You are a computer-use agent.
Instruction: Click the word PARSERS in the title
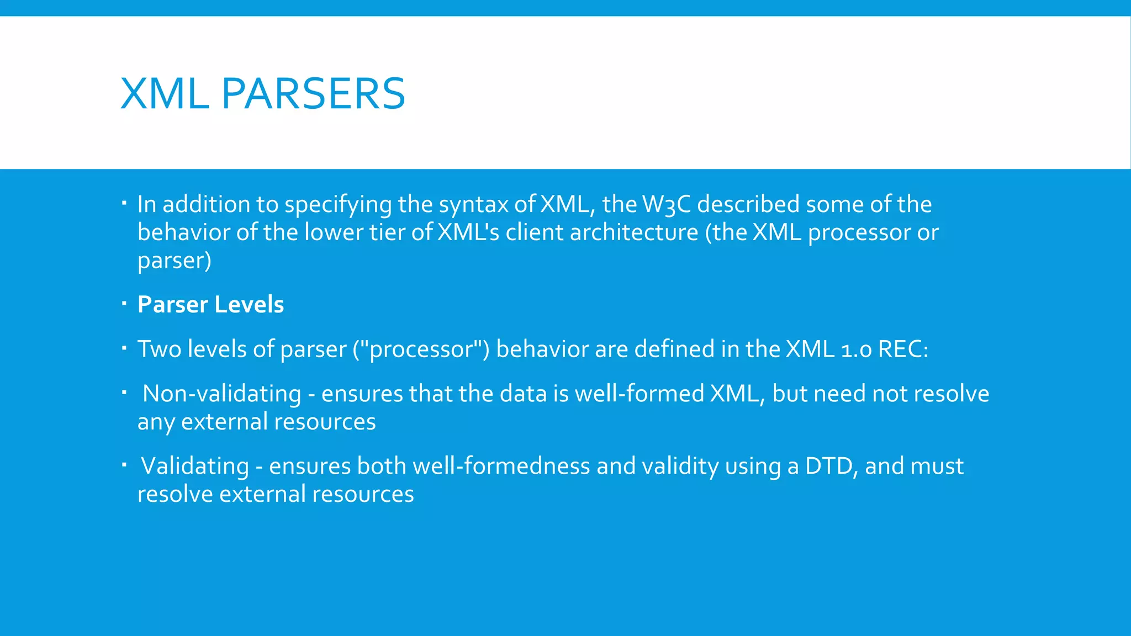[x=313, y=94]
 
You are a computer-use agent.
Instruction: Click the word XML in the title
[x=165, y=94]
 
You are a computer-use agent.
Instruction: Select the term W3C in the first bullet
[x=667, y=204]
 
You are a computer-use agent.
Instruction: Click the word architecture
[x=634, y=232]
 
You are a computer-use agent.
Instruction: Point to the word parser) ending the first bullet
[x=174, y=261]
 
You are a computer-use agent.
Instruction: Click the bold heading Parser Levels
[x=210, y=305]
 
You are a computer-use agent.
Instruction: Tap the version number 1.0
[x=856, y=349]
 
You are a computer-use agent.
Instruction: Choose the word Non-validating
[x=222, y=394]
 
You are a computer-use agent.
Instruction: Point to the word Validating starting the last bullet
[x=195, y=467]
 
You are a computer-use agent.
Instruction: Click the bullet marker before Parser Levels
[x=124, y=303]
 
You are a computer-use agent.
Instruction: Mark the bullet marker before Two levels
[x=124, y=348]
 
